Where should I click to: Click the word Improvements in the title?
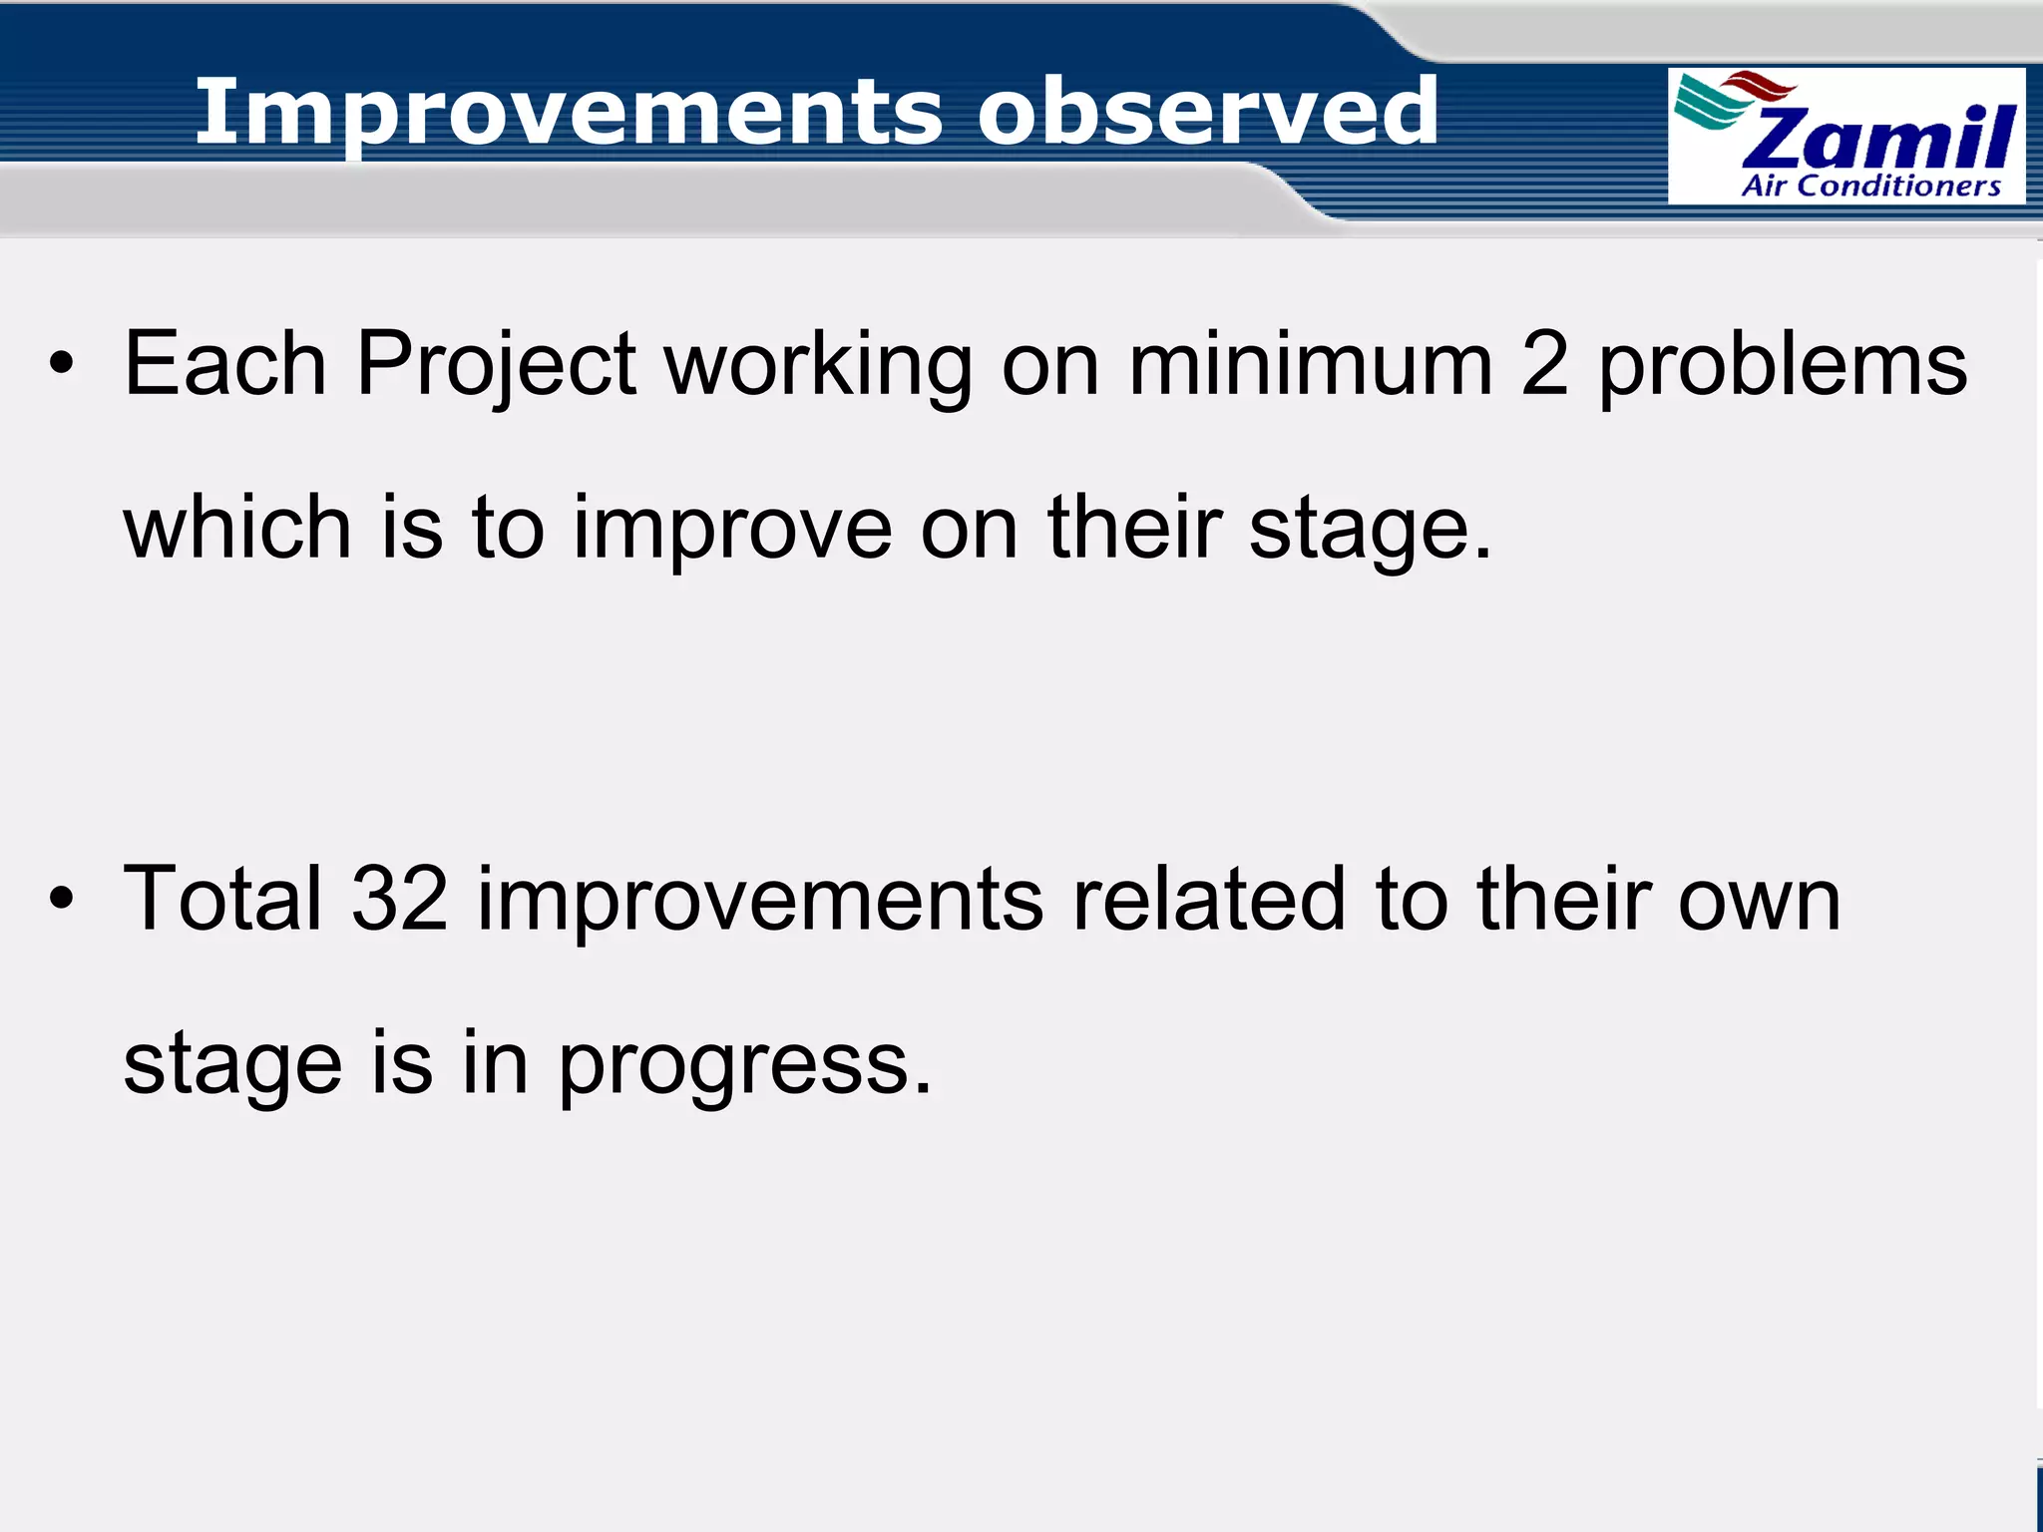[569, 113]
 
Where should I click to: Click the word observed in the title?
[1208, 111]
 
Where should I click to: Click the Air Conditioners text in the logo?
[1870, 187]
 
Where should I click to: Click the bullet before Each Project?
[62, 365]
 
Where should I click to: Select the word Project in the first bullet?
[496, 365]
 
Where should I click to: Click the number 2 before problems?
[1545, 365]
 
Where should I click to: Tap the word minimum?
[1310, 365]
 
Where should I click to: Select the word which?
[237, 529]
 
